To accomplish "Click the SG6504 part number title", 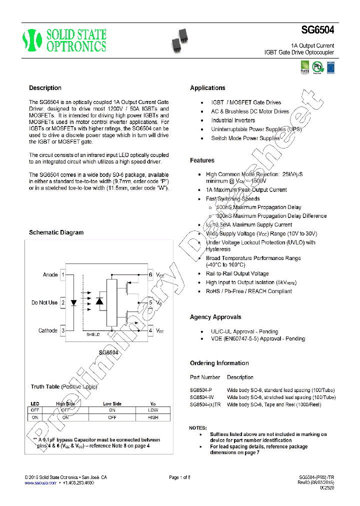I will (x=318, y=30).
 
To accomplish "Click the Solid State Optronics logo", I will (x=64, y=40).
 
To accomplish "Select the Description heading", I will (x=45, y=88).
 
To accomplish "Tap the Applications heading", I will (x=207, y=88).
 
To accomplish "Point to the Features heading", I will (x=202, y=160).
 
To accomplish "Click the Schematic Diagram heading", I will (x=56, y=232).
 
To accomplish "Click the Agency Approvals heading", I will (x=215, y=317).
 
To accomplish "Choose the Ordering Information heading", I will (x=219, y=363).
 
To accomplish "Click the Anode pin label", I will (x=50, y=275).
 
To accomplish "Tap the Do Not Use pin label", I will (x=44, y=302).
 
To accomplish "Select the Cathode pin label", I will (x=48, y=330).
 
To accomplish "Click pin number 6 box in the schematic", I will (x=150, y=275).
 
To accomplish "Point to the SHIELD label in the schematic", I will (x=93, y=334).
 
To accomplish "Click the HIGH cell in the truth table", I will (x=153, y=417).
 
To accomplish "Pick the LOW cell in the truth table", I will (x=153, y=409).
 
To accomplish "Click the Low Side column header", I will (x=112, y=403).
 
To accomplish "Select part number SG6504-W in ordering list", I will (x=201, y=397).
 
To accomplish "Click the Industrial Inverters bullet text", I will (x=233, y=120).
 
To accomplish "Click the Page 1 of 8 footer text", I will (x=179, y=477).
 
